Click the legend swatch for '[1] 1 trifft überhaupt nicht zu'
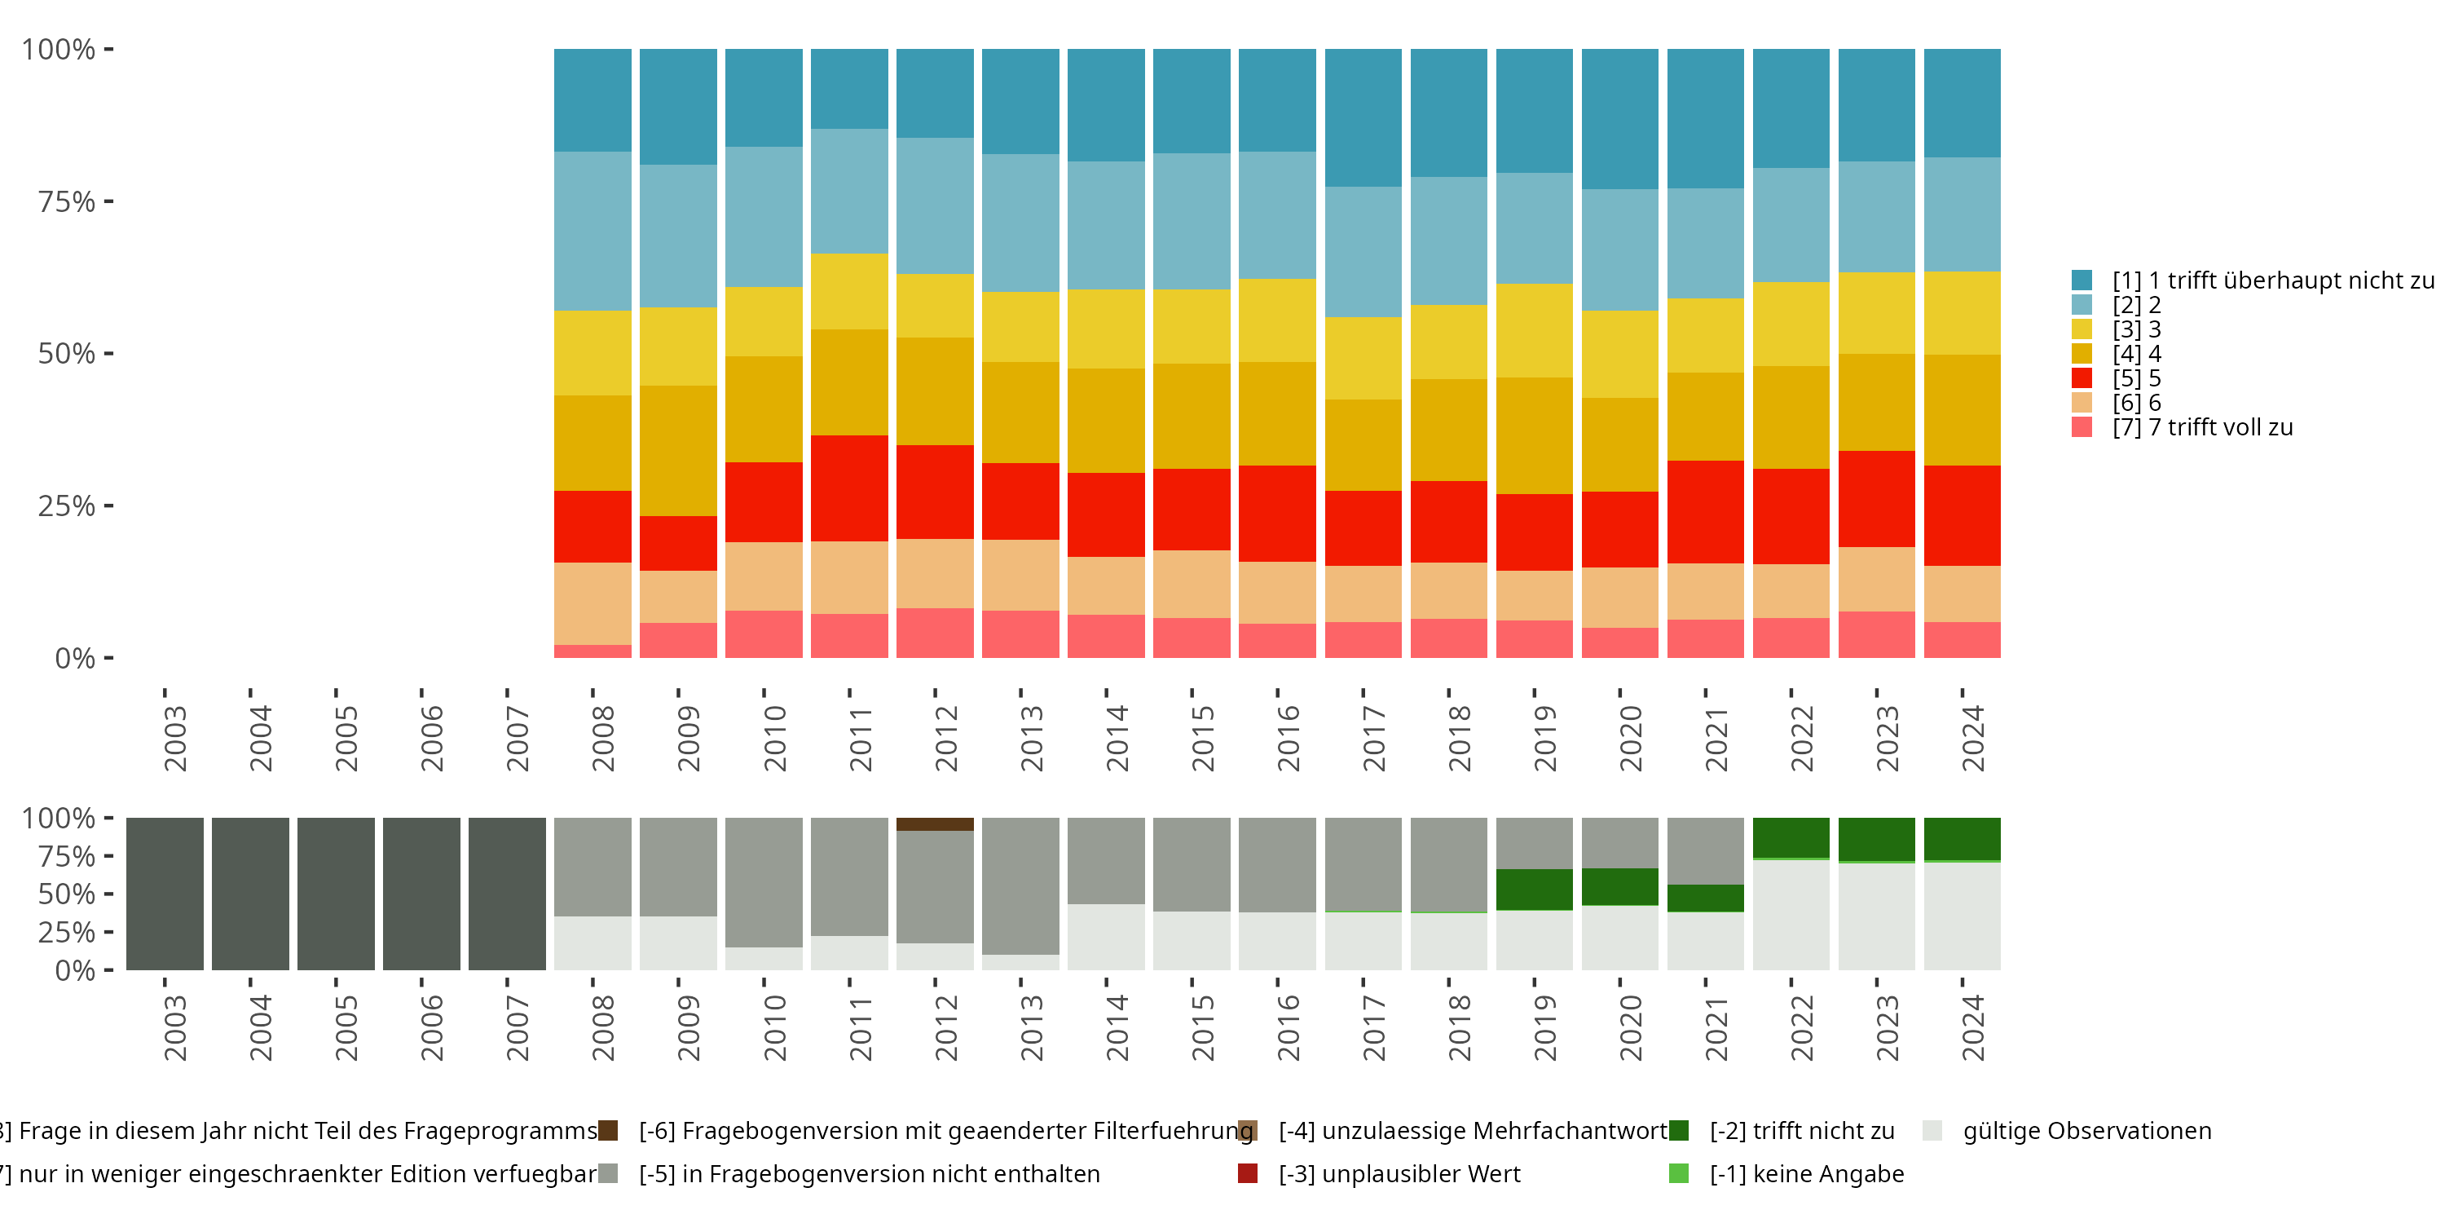click(2082, 280)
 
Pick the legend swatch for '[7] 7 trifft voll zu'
click(2082, 427)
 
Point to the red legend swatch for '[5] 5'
click(2082, 378)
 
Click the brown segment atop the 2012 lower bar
click(935, 824)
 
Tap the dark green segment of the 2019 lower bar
click(1534, 890)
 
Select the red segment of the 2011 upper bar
click(849, 488)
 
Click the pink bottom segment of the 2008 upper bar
click(593, 651)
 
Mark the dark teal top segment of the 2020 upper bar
click(1619, 119)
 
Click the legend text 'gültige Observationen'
click(2086, 1131)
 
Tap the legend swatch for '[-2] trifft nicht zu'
click(1679, 1131)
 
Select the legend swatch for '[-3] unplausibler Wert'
click(1248, 1173)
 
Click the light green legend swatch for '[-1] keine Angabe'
click(1679, 1173)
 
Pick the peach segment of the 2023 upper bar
click(1876, 579)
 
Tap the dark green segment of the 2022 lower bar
click(1791, 837)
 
